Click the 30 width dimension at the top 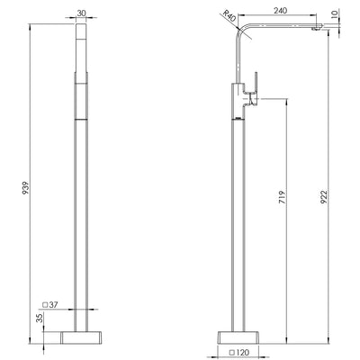(x=81, y=13)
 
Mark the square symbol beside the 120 (x=232, y=353)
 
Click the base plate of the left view (x=81, y=337)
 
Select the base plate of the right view (x=238, y=337)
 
